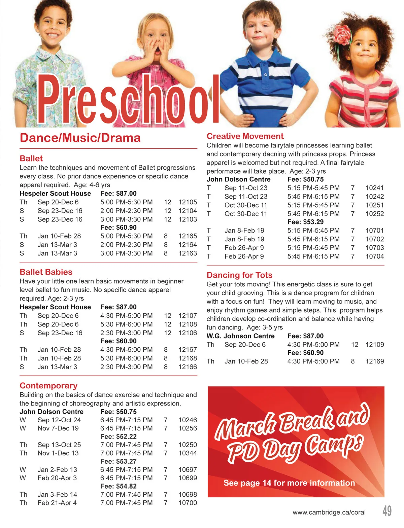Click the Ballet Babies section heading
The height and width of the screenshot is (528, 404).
click(46, 272)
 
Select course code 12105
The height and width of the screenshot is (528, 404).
click(188, 202)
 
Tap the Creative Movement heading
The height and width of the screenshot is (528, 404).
click(245, 136)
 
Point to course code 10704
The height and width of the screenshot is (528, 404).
click(374, 256)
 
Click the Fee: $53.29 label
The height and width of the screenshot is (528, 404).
click(305, 222)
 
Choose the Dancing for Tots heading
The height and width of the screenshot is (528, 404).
click(239, 275)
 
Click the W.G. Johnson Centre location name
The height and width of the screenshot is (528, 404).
click(240, 336)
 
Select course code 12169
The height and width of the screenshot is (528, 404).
click(374, 361)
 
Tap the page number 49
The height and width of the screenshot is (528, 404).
click(387, 511)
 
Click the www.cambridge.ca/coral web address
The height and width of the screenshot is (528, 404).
click(329, 512)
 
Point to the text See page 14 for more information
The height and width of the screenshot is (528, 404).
click(289, 483)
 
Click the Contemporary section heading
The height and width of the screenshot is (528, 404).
click(48, 386)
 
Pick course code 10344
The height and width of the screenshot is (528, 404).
click(188, 453)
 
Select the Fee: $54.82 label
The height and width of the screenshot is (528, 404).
click(118, 486)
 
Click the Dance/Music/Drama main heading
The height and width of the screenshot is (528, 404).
click(80, 138)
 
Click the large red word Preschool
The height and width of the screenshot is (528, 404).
click(128, 99)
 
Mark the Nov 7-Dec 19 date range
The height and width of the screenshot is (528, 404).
click(58, 428)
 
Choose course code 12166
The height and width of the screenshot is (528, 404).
click(188, 367)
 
